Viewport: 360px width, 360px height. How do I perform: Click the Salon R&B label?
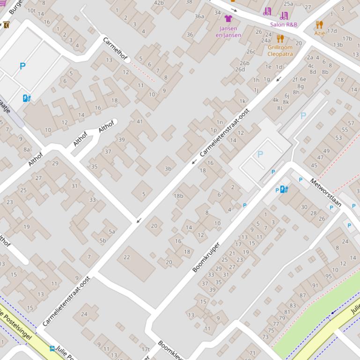pyautogui.click(x=283, y=24)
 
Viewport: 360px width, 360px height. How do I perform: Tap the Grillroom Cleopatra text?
pyautogui.click(x=280, y=50)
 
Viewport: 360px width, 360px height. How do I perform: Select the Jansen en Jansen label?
pyautogui.click(x=228, y=32)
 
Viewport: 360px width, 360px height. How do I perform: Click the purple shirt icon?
pyautogui.click(x=228, y=19)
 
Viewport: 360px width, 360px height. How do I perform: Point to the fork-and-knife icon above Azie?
pyautogui.click(x=319, y=25)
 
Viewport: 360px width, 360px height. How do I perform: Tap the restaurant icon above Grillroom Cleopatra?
pyautogui.click(x=280, y=38)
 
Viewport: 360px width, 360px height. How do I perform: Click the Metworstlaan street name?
pyautogui.click(x=326, y=192)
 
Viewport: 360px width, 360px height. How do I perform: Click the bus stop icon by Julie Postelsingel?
pyautogui.click(x=52, y=348)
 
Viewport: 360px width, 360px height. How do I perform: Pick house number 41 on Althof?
pyautogui.click(x=140, y=122)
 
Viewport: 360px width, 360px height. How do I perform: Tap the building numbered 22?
pyautogui.click(x=126, y=257)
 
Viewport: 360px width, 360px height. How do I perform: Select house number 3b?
pyautogui.click(x=168, y=169)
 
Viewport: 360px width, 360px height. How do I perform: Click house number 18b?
pyautogui.click(x=178, y=196)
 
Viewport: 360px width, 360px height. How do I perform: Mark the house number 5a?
pyautogui.click(x=111, y=231)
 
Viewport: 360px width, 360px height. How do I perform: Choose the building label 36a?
pyautogui.click(x=199, y=16)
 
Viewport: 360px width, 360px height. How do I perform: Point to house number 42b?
pyautogui.click(x=159, y=3)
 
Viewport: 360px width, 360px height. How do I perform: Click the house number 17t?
pyautogui.click(x=146, y=349)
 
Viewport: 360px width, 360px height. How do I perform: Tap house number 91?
pyautogui.click(x=315, y=286)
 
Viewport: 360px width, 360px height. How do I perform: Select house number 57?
pyautogui.click(x=351, y=123)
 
